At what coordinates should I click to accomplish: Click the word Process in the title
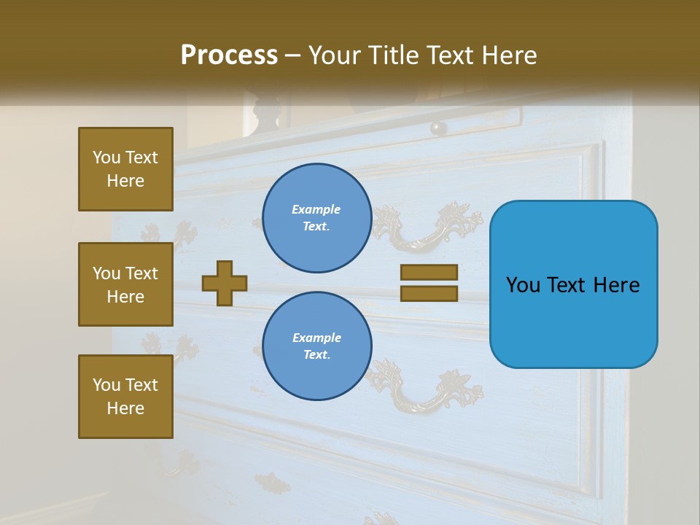tap(229, 55)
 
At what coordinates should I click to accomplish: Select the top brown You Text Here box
tap(125, 169)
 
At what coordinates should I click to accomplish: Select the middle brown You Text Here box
tap(125, 284)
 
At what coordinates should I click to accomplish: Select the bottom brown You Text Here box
tap(125, 397)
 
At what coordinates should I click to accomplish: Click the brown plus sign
tap(225, 283)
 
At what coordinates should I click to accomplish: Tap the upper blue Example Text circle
tap(317, 218)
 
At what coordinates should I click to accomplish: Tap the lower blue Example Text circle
tap(317, 346)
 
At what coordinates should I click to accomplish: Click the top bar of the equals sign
tap(429, 272)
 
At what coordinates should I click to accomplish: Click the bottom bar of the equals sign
tap(429, 293)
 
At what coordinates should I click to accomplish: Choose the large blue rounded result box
tap(573, 284)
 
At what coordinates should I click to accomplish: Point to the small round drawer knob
tap(438, 128)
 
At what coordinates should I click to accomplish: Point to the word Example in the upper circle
tap(316, 209)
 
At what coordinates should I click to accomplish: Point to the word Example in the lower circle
tap(316, 338)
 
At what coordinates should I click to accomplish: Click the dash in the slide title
tap(293, 56)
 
